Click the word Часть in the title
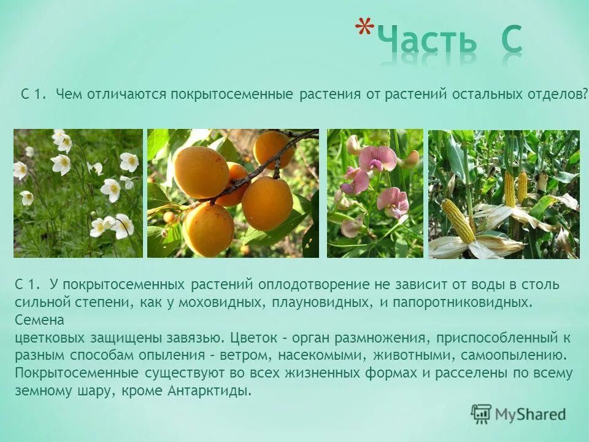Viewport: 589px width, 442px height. (x=427, y=41)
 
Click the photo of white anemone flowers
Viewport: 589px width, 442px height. (x=78, y=193)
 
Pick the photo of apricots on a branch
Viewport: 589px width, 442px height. (x=233, y=193)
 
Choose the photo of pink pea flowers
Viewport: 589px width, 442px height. (x=375, y=193)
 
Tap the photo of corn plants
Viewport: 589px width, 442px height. (x=504, y=193)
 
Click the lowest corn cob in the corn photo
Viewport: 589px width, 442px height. (x=459, y=220)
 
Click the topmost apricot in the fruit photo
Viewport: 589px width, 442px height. (x=272, y=149)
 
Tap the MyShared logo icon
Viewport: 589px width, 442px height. (x=482, y=414)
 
